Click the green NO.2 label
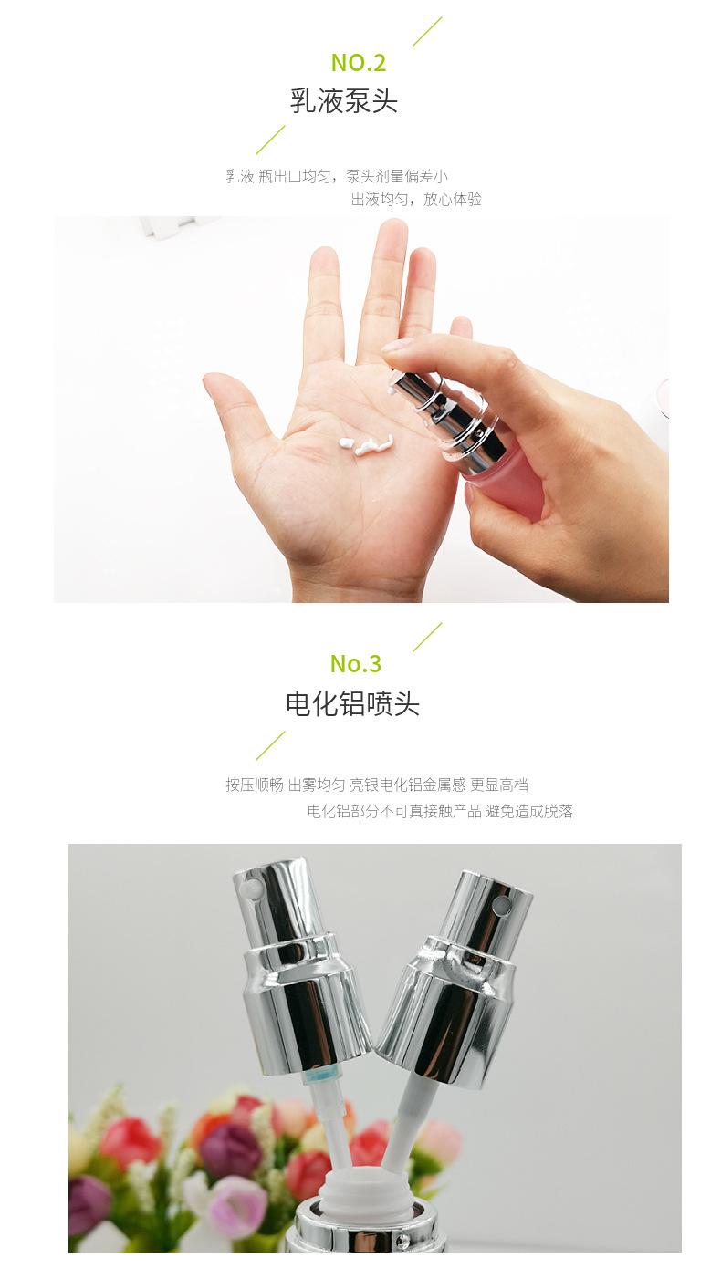(359, 63)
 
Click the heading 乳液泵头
(344, 100)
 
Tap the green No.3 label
(356, 663)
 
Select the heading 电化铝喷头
(352, 703)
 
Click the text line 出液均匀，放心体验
(416, 199)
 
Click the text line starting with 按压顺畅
(377, 785)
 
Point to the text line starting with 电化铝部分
(440, 811)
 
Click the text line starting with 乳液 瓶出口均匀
(337, 176)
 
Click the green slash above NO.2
(427, 31)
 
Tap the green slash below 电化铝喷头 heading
(270, 745)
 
